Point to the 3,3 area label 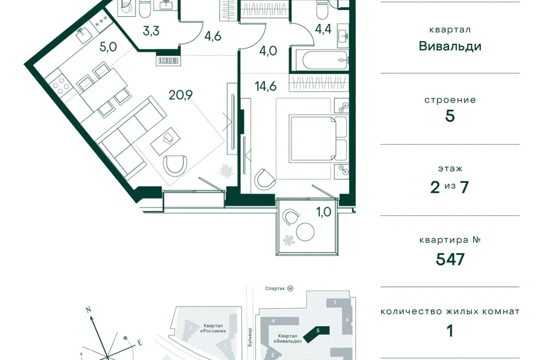click(x=151, y=31)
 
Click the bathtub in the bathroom click(x=319, y=58)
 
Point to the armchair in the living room click(x=175, y=165)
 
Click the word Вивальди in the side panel click(x=450, y=46)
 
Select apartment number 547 click(x=450, y=259)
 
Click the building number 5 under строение click(x=450, y=116)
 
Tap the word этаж click(x=450, y=168)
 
